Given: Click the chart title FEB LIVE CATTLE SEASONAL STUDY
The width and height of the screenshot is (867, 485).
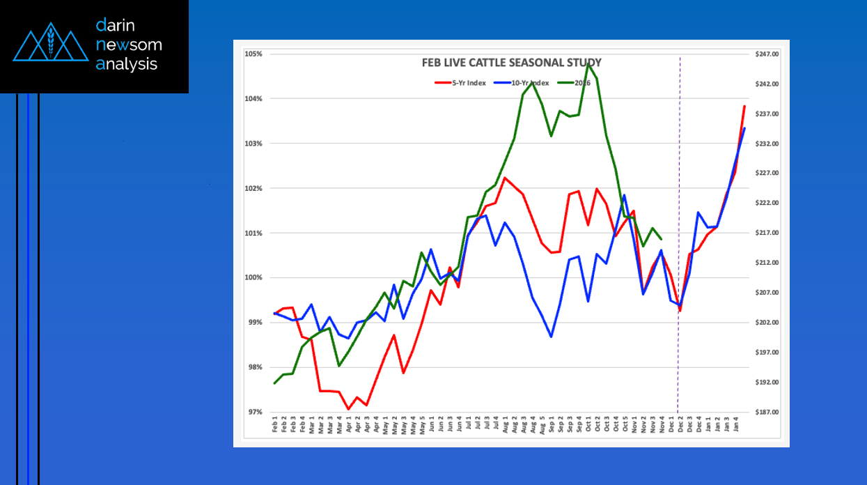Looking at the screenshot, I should click(x=511, y=63).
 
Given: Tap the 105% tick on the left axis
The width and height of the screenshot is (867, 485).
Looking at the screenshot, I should click(x=253, y=54).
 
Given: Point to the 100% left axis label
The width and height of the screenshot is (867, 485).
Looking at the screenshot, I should click(x=253, y=278).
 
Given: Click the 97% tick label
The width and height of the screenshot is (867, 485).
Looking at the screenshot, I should click(x=254, y=412).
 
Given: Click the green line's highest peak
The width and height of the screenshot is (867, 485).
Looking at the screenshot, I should click(x=588, y=64).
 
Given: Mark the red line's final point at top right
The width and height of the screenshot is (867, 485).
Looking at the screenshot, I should click(x=744, y=106).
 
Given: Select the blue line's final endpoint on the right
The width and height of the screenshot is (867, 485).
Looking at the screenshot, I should click(x=744, y=128).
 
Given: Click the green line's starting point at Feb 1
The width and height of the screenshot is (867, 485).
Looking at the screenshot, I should click(x=275, y=383).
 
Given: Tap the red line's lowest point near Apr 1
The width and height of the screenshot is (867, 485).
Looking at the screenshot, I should click(x=348, y=410).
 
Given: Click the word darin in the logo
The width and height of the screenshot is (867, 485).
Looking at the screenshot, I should click(x=116, y=26).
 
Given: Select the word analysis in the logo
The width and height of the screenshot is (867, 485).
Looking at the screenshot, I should click(x=127, y=64).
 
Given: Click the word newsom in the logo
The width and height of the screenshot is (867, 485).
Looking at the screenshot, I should click(x=129, y=45).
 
